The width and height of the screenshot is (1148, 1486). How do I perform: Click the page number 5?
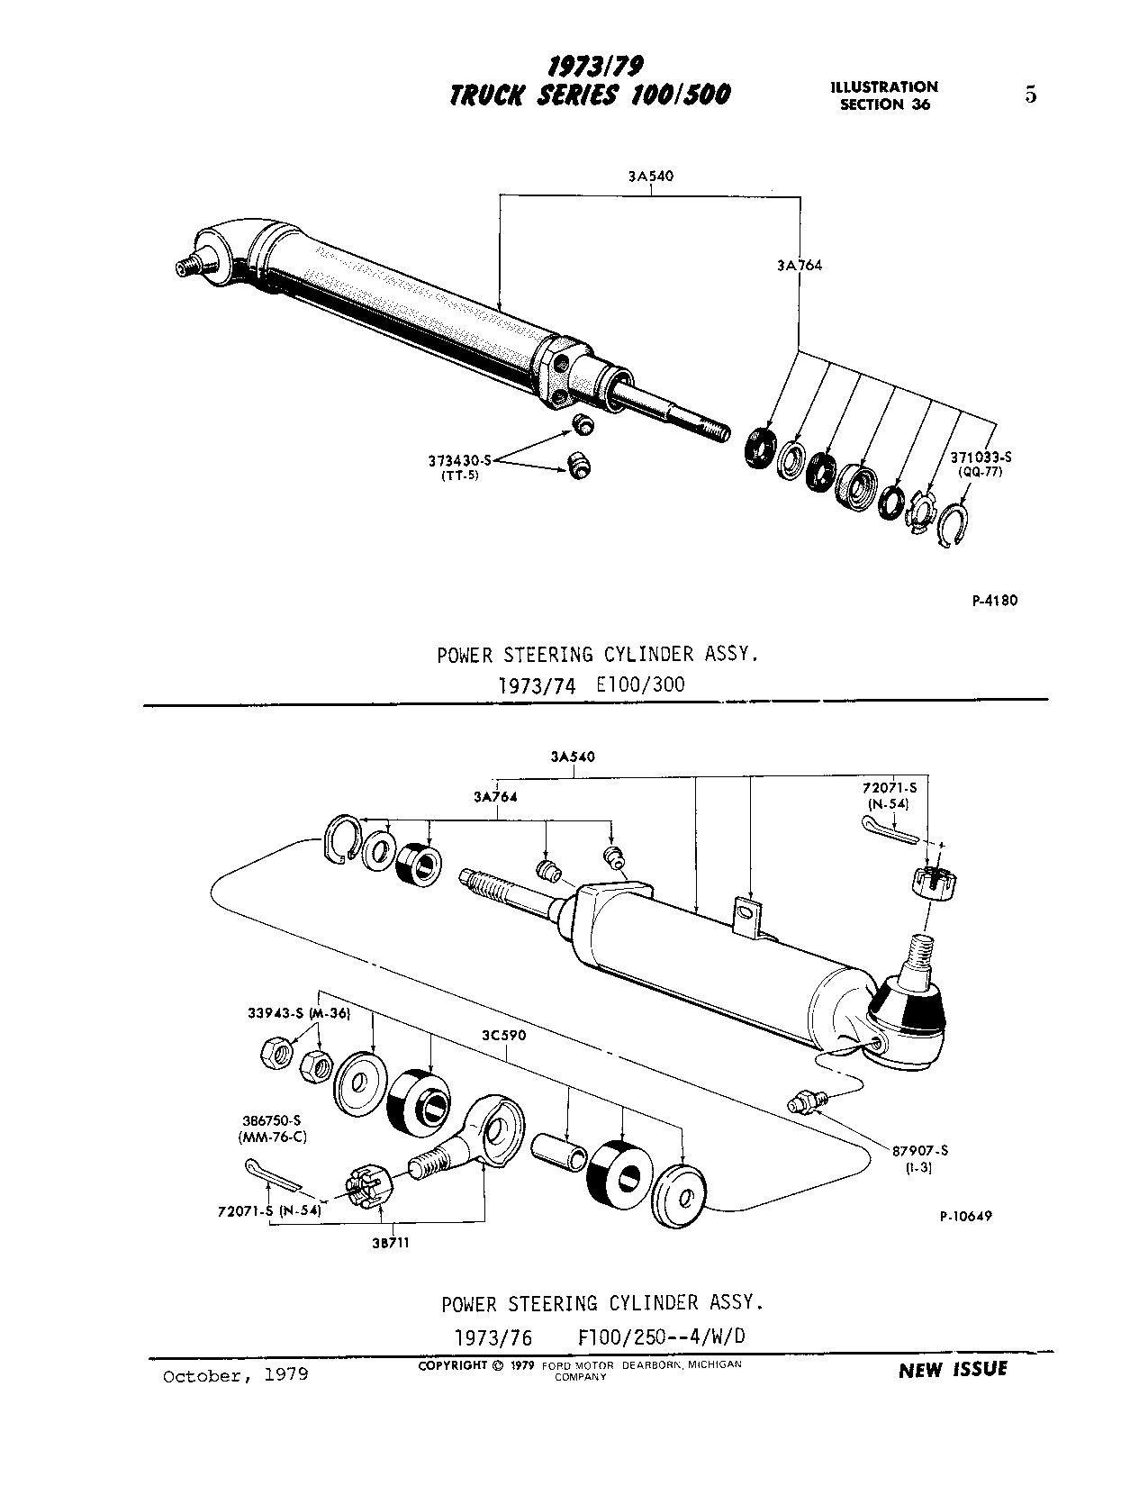[x=1031, y=95]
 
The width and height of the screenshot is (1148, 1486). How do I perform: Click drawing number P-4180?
[x=994, y=601]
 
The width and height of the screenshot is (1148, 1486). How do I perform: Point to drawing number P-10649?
[x=965, y=1216]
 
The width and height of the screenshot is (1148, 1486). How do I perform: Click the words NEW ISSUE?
[x=953, y=1370]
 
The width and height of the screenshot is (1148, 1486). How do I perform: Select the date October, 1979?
[x=235, y=1375]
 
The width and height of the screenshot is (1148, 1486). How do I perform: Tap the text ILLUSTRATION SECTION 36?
[x=884, y=95]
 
